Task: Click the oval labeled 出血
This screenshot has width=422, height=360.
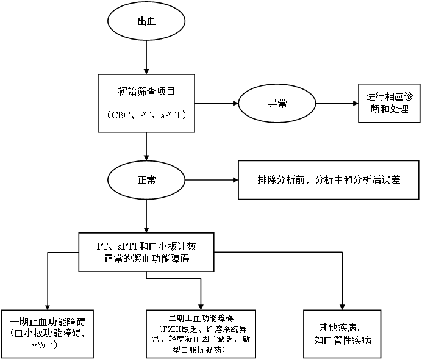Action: (x=146, y=21)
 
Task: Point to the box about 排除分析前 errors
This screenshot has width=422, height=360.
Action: (x=328, y=181)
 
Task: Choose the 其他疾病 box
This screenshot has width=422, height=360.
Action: (x=342, y=333)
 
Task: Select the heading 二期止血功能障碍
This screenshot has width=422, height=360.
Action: (x=201, y=319)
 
